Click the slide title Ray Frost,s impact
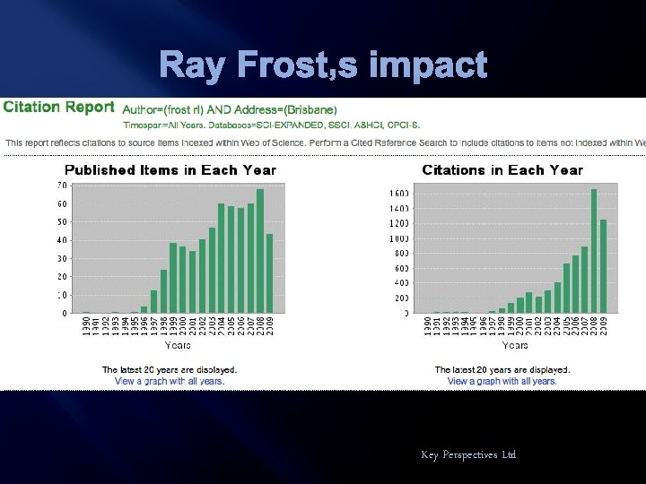(x=323, y=65)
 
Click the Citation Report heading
(x=58, y=108)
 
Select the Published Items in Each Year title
(x=170, y=170)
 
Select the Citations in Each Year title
(x=502, y=170)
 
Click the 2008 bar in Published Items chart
(x=260, y=251)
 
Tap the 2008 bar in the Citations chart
(x=593, y=251)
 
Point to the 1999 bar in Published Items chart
(x=172, y=278)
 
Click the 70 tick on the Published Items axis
(x=62, y=185)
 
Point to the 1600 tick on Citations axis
(x=399, y=194)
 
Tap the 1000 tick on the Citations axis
(x=399, y=239)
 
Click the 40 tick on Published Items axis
(x=62, y=240)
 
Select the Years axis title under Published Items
(x=177, y=345)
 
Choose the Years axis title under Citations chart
(x=515, y=345)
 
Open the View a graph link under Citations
(x=502, y=381)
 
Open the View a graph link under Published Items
(x=170, y=381)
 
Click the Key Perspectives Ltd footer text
(x=468, y=455)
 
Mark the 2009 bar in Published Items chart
(x=270, y=273)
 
